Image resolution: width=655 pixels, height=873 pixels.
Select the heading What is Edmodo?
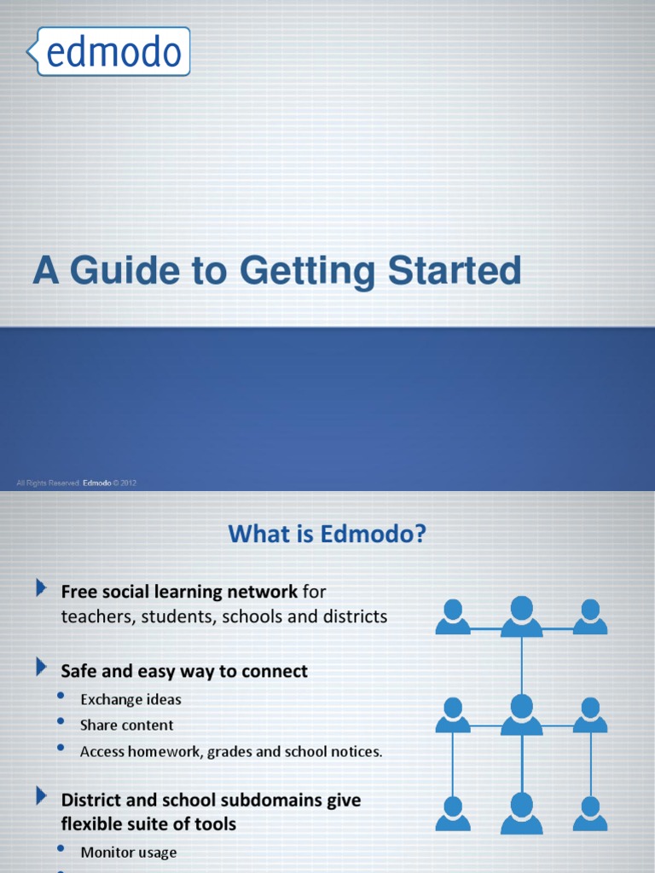(x=327, y=535)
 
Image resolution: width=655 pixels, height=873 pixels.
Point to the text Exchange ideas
(x=130, y=699)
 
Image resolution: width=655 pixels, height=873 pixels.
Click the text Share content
(x=126, y=725)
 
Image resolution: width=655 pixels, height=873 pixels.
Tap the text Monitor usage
(x=128, y=852)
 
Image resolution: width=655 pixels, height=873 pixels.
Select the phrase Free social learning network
(x=179, y=591)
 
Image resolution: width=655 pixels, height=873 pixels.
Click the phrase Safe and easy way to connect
(x=184, y=671)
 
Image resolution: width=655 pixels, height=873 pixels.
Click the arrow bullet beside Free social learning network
(x=41, y=587)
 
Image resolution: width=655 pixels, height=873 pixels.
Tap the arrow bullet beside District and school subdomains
(x=41, y=796)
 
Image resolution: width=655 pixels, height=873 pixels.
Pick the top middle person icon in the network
(x=521, y=616)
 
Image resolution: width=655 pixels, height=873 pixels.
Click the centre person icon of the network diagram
(x=521, y=714)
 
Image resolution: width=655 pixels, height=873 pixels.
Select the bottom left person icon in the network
(x=453, y=813)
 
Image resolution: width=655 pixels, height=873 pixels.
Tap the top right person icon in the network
(x=589, y=616)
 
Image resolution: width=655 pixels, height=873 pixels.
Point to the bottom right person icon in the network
(x=589, y=813)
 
